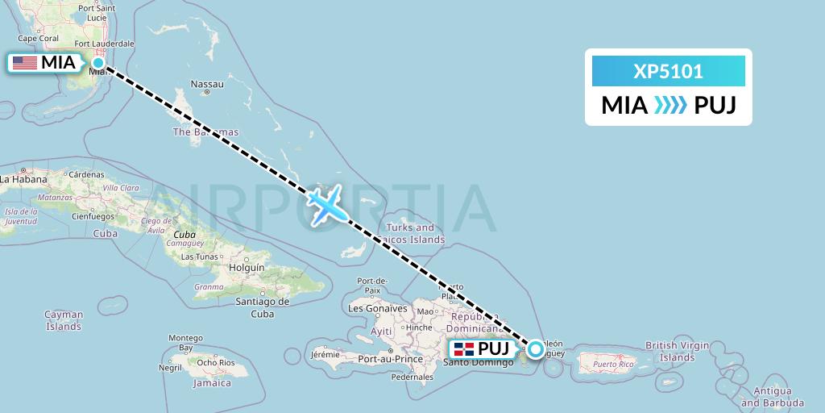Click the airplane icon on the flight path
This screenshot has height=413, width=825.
[x=328, y=205]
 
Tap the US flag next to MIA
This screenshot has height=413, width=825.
[x=24, y=62]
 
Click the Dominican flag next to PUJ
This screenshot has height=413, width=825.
[x=463, y=349]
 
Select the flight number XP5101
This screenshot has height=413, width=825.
[x=668, y=72]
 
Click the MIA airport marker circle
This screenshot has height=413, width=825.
[x=98, y=62]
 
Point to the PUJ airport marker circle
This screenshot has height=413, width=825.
[x=535, y=349]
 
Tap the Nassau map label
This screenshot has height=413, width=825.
[x=206, y=84]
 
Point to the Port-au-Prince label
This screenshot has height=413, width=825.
[x=391, y=359]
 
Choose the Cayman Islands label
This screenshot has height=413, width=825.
[x=64, y=320]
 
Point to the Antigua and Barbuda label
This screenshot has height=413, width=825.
[x=772, y=397]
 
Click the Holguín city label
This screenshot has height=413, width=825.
[x=247, y=266]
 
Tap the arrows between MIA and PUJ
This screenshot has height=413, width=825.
[x=670, y=106]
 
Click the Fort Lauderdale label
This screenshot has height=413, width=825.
[x=104, y=44]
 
